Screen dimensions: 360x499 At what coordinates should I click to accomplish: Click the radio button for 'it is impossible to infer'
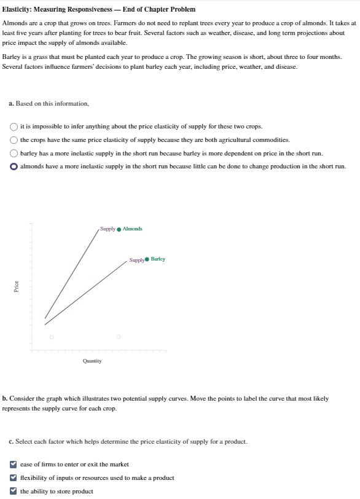tap(14, 127)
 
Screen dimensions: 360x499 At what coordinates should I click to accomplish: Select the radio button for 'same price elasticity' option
tap(14, 140)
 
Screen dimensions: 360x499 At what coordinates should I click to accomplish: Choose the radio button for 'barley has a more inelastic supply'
tap(14, 154)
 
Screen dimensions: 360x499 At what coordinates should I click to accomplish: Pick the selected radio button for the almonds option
tap(14, 167)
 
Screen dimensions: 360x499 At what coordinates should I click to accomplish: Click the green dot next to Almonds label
tap(119, 229)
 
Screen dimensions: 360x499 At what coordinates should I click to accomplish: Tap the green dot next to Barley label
tap(147, 259)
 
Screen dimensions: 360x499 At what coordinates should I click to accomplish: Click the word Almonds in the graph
tap(132, 229)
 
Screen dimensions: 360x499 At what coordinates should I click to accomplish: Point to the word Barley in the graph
tap(158, 259)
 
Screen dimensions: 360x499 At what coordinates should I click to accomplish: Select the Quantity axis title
tap(92, 361)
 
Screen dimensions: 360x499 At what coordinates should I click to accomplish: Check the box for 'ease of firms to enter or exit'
tap(14, 465)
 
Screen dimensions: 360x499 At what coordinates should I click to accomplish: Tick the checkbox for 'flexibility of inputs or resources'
tap(14, 478)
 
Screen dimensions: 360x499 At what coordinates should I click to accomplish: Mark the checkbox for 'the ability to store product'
tap(14, 492)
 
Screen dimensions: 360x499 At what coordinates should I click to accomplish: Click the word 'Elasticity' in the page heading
tap(17, 9)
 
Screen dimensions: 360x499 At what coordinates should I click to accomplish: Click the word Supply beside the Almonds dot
tap(108, 229)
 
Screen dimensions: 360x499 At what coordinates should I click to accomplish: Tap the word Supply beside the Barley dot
tap(136, 260)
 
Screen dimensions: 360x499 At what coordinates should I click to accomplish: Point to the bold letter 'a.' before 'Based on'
tap(11, 103)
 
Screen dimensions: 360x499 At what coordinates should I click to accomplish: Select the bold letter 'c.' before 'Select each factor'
tap(11, 441)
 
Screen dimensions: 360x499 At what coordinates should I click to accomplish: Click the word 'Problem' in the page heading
tap(181, 9)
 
